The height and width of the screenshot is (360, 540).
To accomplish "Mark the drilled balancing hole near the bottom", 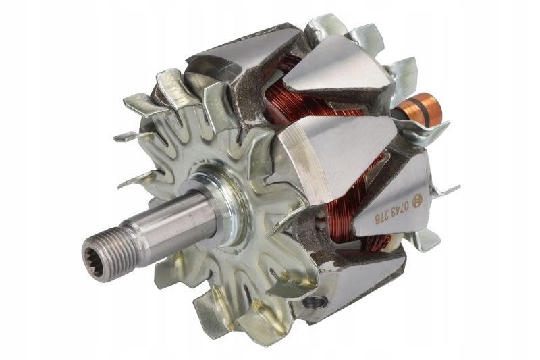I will click(310, 302).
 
